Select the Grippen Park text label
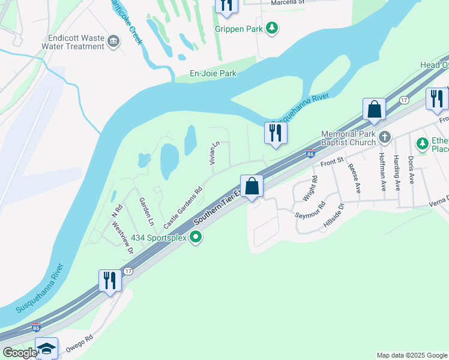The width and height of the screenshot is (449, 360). (243, 28)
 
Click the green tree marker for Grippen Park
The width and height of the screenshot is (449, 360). (273, 28)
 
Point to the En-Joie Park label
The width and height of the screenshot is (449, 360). (205, 73)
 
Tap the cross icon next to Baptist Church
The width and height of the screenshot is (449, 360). (384, 139)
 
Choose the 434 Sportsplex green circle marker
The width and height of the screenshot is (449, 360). (195, 238)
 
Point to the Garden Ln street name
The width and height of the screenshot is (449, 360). (146, 211)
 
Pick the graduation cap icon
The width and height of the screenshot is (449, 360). (46, 349)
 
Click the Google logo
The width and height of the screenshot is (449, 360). (19, 353)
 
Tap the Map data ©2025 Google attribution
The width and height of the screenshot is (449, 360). (412, 355)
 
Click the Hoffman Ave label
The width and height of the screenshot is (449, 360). (382, 172)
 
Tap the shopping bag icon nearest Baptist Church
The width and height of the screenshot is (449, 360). (374, 110)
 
